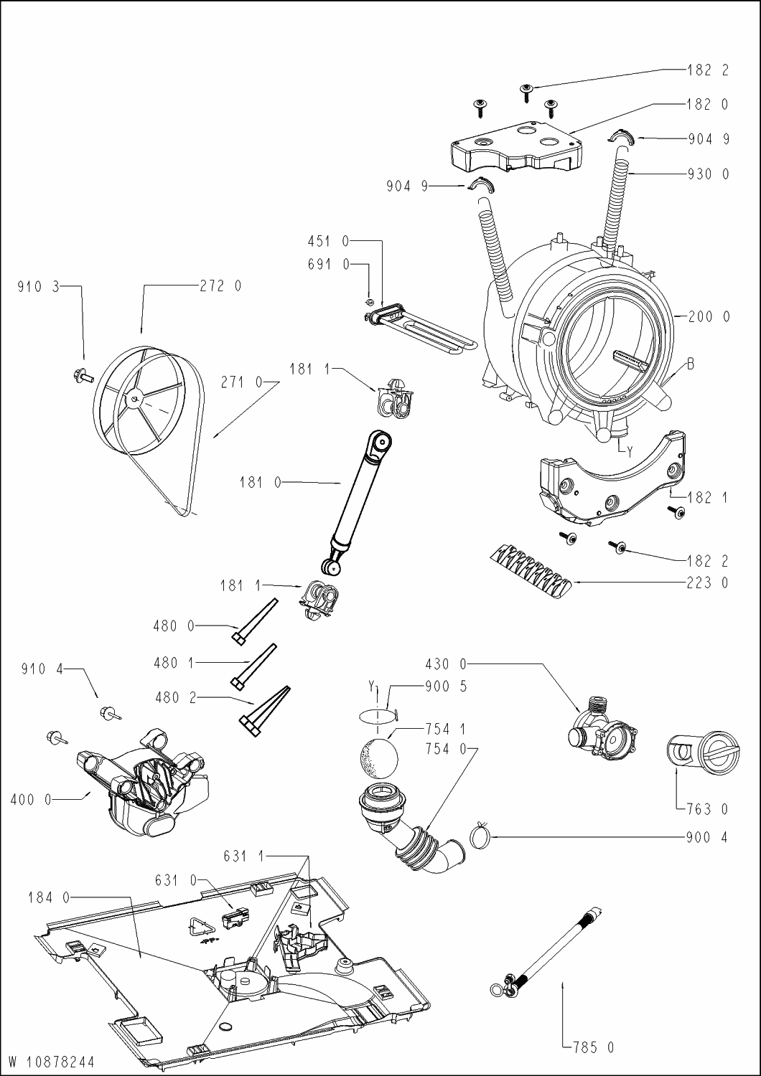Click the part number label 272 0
pyautogui.click(x=220, y=286)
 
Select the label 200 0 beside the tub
pyautogui.click(x=709, y=316)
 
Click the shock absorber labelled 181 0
pyautogui.click(x=355, y=500)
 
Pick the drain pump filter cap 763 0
pyautogui.click(x=704, y=756)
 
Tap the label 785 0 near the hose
pyautogui.click(x=594, y=1047)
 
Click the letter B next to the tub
pyautogui.click(x=690, y=364)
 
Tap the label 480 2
pyautogui.click(x=175, y=697)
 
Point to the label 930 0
pyautogui.click(x=709, y=174)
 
